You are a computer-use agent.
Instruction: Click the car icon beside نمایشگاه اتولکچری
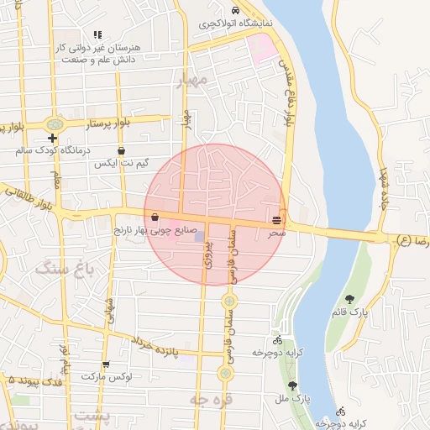coord(234,10)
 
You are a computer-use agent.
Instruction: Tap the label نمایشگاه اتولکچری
coord(236,24)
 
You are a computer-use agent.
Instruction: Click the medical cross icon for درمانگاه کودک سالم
coord(53,138)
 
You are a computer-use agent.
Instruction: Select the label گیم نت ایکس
coord(122,162)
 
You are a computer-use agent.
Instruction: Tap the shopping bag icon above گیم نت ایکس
coord(122,150)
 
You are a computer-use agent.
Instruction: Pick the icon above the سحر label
coord(276,219)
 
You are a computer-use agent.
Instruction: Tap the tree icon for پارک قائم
coord(349,298)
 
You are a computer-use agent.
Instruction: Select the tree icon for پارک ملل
coord(292,385)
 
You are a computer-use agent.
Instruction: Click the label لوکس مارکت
coord(107,376)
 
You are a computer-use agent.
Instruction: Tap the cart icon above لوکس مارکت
coord(106,364)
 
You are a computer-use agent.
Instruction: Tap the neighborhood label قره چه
coord(210,400)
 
